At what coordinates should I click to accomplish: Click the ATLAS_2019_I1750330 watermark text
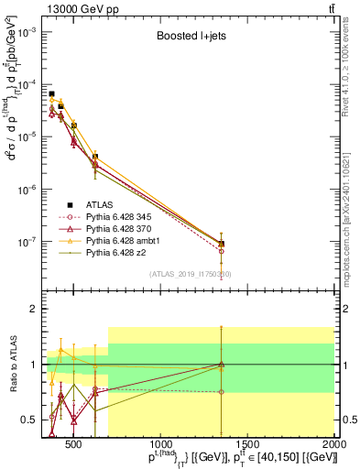pyautogui.click(x=191, y=274)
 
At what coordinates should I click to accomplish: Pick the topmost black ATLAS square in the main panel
pyautogui.click(x=52, y=93)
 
